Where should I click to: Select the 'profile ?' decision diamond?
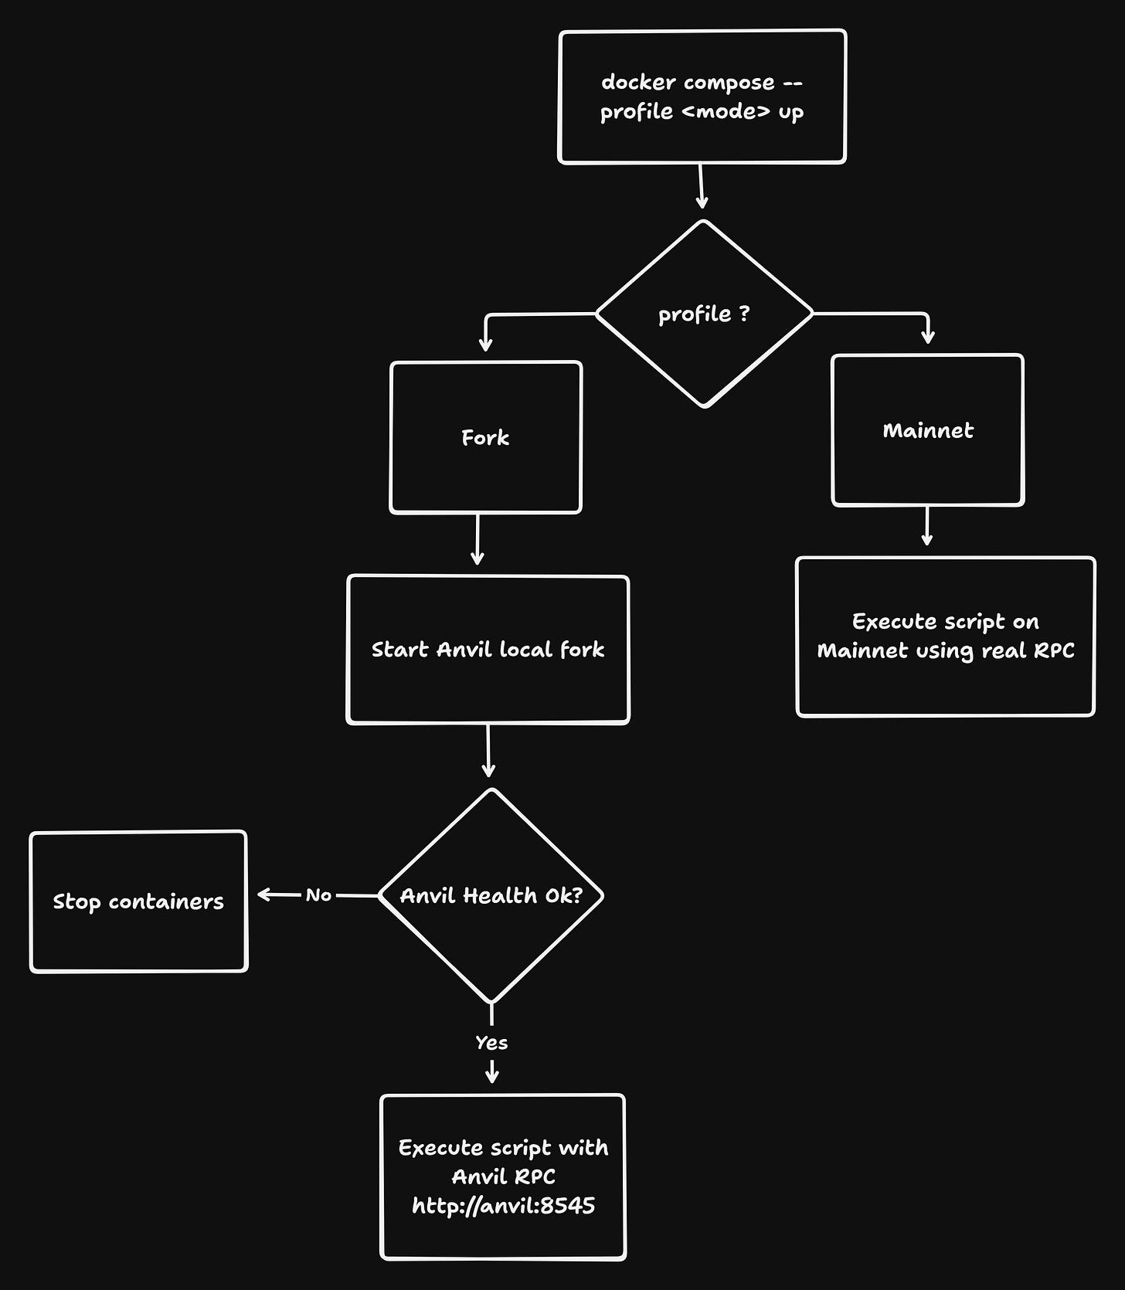(704, 314)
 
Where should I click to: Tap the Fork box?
(485, 437)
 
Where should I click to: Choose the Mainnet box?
(927, 430)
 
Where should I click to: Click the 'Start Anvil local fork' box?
(488, 650)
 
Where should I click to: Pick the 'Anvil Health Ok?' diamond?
(491, 895)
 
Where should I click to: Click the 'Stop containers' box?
(138, 901)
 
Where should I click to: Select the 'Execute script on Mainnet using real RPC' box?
(945, 637)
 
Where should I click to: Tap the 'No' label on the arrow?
(318, 895)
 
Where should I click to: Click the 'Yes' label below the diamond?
(491, 1043)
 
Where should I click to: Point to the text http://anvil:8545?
(503, 1206)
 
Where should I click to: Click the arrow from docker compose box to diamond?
(701, 185)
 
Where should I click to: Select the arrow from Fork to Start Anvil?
(478, 539)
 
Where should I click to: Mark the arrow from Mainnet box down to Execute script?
(926, 525)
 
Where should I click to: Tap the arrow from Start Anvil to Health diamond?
(488, 750)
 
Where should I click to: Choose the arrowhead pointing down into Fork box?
(485, 344)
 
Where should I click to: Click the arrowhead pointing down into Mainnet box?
(928, 337)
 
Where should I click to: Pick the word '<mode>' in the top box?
(726, 112)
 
